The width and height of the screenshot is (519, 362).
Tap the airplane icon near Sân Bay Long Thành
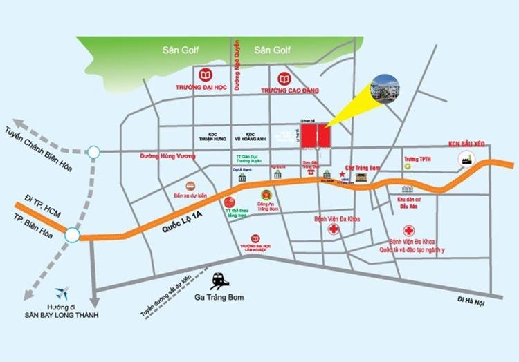62,292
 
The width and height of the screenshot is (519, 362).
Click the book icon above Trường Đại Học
205,75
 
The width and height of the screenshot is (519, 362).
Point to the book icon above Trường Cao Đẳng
284,79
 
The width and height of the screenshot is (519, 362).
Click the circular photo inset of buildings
385,88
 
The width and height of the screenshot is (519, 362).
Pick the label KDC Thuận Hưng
208,136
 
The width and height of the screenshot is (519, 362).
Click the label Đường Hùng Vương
168,156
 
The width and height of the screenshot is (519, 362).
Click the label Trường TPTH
417,158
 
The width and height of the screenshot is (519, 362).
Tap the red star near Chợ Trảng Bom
342,175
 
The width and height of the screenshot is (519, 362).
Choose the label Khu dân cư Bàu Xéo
409,203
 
